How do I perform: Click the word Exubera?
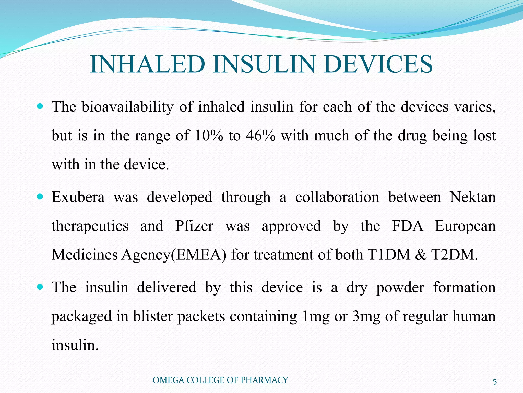(x=78, y=197)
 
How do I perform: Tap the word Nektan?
(x=472, y=197)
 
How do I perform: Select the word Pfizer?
(x=194, y=226)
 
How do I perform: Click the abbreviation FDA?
(x=407, y=226)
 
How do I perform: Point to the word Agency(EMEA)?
(x=174, y=255)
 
